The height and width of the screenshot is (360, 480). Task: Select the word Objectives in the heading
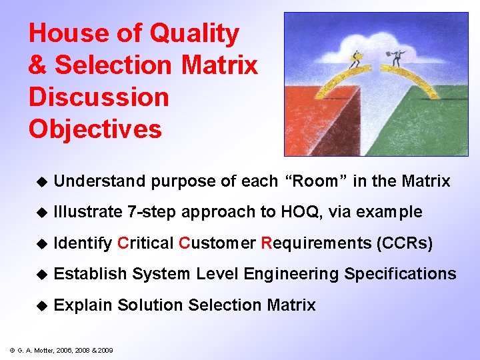[x=95, y=129]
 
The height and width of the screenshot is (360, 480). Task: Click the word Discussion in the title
[x=99, y=97]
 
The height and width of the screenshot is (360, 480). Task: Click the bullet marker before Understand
[x=41, y=181]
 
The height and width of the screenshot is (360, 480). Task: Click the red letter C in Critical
[x=122, y=243]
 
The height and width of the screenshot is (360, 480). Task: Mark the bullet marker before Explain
[x=41, y=305]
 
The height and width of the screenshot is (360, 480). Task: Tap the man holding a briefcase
[x=398, y=58]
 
